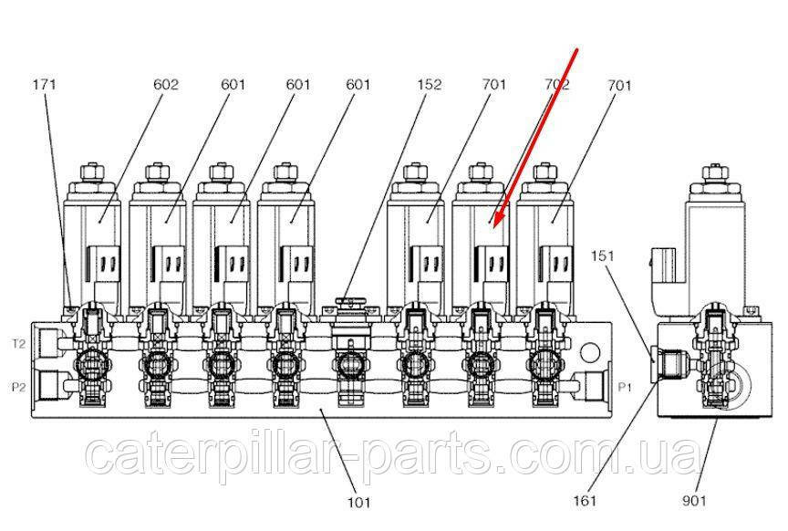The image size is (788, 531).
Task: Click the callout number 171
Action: (44, 84)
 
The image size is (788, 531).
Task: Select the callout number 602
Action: (166, 84)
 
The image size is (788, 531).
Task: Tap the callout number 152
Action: (430, 84)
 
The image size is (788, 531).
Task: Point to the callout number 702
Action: (557, 84)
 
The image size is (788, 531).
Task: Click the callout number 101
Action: (359, 502)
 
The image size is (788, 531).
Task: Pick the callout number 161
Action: (585, 501)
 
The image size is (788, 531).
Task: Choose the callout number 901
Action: (694, 501)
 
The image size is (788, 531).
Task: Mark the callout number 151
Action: (603, 256)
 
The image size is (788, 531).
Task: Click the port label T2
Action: (18, 344)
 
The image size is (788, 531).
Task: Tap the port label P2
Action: (18, 387)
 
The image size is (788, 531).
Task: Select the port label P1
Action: (624, 387)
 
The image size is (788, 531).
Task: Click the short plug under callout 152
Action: (350, 302)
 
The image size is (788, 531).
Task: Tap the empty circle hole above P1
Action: (589, 352)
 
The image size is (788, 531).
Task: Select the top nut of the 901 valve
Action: (713, 173)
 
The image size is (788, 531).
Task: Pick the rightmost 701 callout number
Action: (619, 85)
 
